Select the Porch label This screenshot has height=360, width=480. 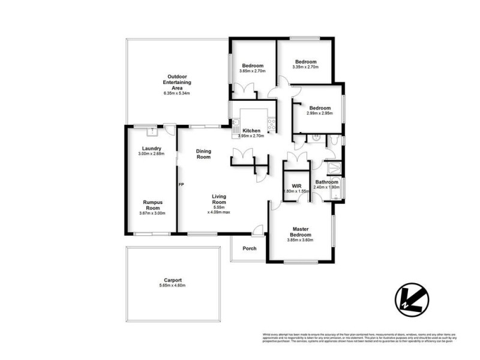click(x=250, y=248)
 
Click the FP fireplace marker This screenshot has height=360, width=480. click(x=181, y=184)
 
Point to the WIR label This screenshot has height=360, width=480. click(x=296, y=185)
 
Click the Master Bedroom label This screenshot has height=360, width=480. click(x=300, y=232)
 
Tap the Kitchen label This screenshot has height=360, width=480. click(x=251, y=131)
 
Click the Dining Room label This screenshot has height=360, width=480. click(x=204, y=154)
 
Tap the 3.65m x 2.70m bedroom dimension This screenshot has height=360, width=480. click(x=253, y=71)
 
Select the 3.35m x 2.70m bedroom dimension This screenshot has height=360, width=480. click(x=305, y=67)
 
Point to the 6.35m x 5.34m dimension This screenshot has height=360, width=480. click(x=176, y=94)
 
